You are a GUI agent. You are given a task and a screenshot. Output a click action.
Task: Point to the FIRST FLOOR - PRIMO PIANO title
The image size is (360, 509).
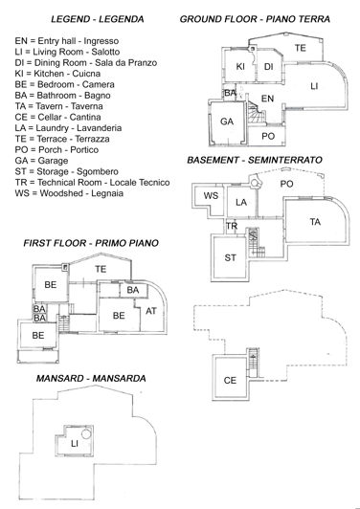coord(91,244)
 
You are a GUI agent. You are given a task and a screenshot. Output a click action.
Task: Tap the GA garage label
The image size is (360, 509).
coord(227,122)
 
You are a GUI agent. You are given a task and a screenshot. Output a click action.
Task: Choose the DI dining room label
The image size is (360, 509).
coord(269,66)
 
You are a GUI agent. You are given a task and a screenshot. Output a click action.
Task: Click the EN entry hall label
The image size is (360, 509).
coord(268,98)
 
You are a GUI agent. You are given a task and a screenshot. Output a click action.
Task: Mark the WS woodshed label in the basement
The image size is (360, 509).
coord(213,196)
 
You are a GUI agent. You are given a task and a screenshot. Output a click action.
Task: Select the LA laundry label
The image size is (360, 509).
coord(242,203)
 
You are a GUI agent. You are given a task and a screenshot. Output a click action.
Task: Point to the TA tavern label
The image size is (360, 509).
coord(315,222)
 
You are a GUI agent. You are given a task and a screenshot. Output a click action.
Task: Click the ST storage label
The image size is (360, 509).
coord(230,257)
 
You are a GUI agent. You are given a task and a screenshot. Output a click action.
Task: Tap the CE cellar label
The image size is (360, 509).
coord(230,380)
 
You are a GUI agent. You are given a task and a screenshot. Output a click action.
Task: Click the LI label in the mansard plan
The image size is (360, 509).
coord(75,444)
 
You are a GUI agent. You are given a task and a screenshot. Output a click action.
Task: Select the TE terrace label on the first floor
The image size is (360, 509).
coord(101,270)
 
